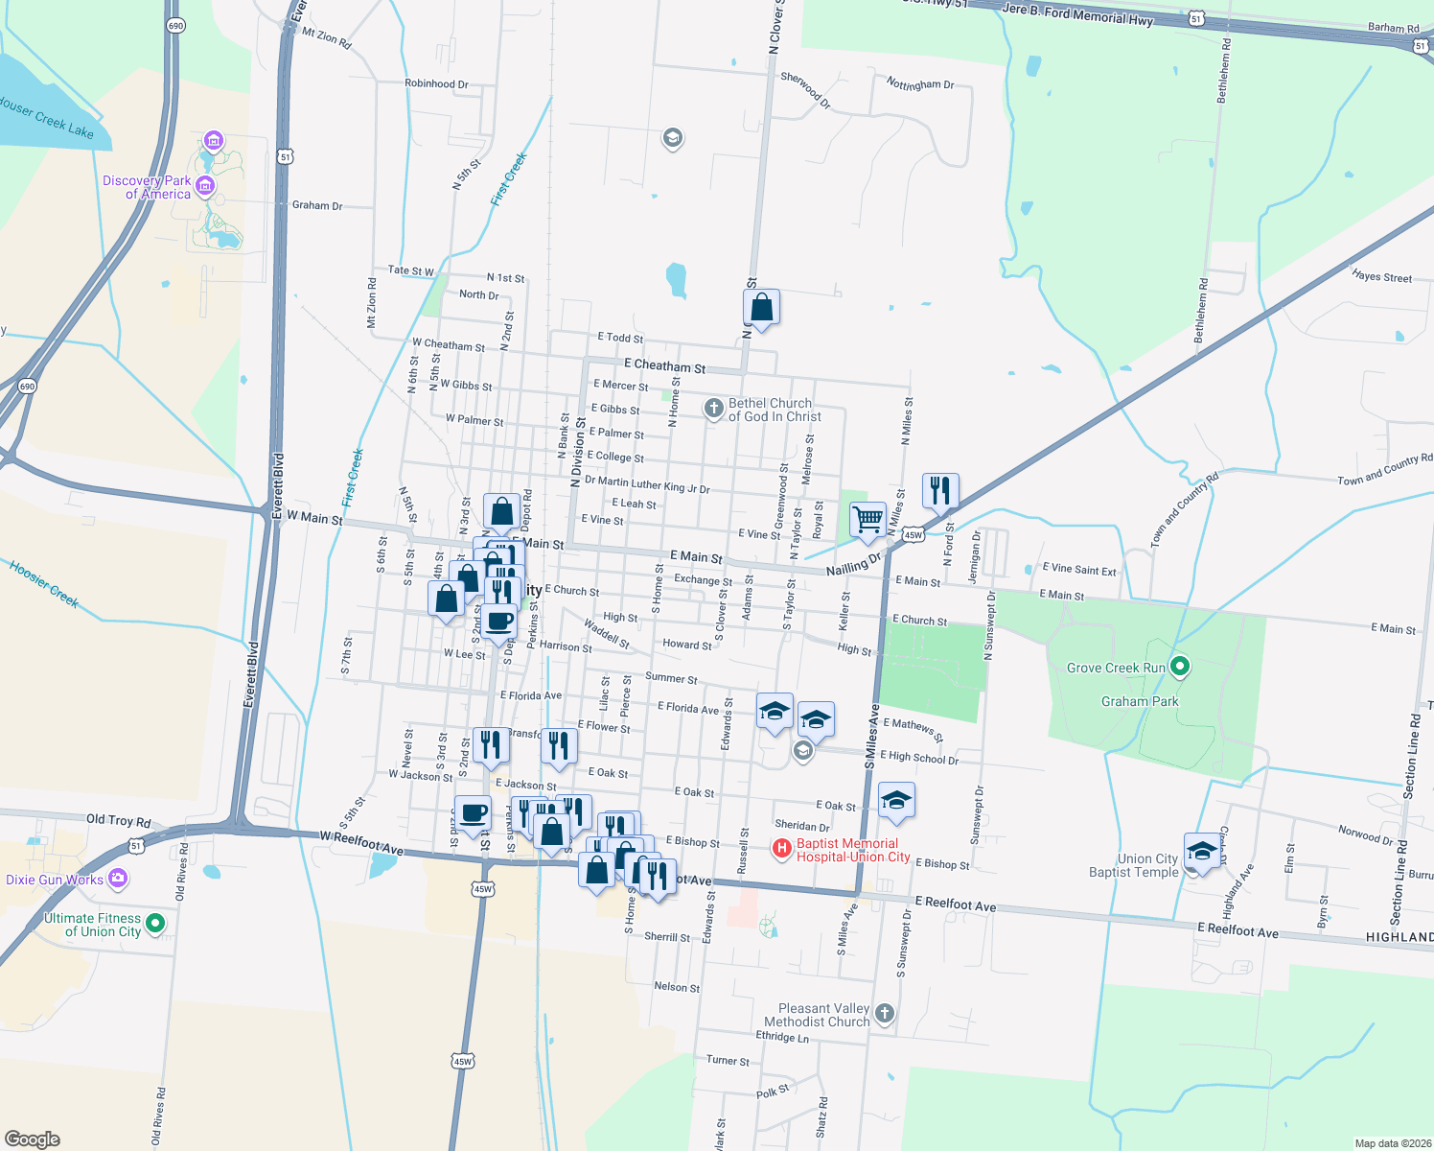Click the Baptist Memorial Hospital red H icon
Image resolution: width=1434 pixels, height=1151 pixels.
pos(781,848)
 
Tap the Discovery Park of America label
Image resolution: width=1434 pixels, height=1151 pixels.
pos(147,187)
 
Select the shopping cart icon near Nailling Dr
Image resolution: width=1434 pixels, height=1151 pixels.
pos(867,520)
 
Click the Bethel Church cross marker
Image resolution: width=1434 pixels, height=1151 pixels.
pos(713,410)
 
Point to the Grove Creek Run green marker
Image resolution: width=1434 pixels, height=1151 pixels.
pos(1180,667)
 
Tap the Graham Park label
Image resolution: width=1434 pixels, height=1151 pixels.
pos(1140,701)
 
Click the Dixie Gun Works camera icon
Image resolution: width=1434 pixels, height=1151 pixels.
pos(118,878)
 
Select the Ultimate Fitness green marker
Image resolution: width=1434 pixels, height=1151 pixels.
pos(154,924)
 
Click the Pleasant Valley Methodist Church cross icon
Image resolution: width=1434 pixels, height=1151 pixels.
pos(885,1013)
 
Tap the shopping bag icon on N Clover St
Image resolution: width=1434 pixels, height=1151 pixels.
pos(761,308)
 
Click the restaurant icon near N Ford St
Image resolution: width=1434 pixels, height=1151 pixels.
pos(940,490)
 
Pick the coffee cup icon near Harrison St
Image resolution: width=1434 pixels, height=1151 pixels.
pos(498,621)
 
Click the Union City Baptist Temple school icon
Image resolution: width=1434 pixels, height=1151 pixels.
pos(1202,851)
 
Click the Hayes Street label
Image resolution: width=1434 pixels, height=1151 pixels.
pos(1381,276)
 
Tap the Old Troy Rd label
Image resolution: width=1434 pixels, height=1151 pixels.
pos(119,820)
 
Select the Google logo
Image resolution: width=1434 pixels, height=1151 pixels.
pos(33,1139)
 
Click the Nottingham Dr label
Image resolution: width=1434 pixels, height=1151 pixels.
pos(920,84)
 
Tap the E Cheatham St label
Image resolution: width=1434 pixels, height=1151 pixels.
pos(664,365)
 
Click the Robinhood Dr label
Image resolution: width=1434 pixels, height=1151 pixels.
pos(436,83)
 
